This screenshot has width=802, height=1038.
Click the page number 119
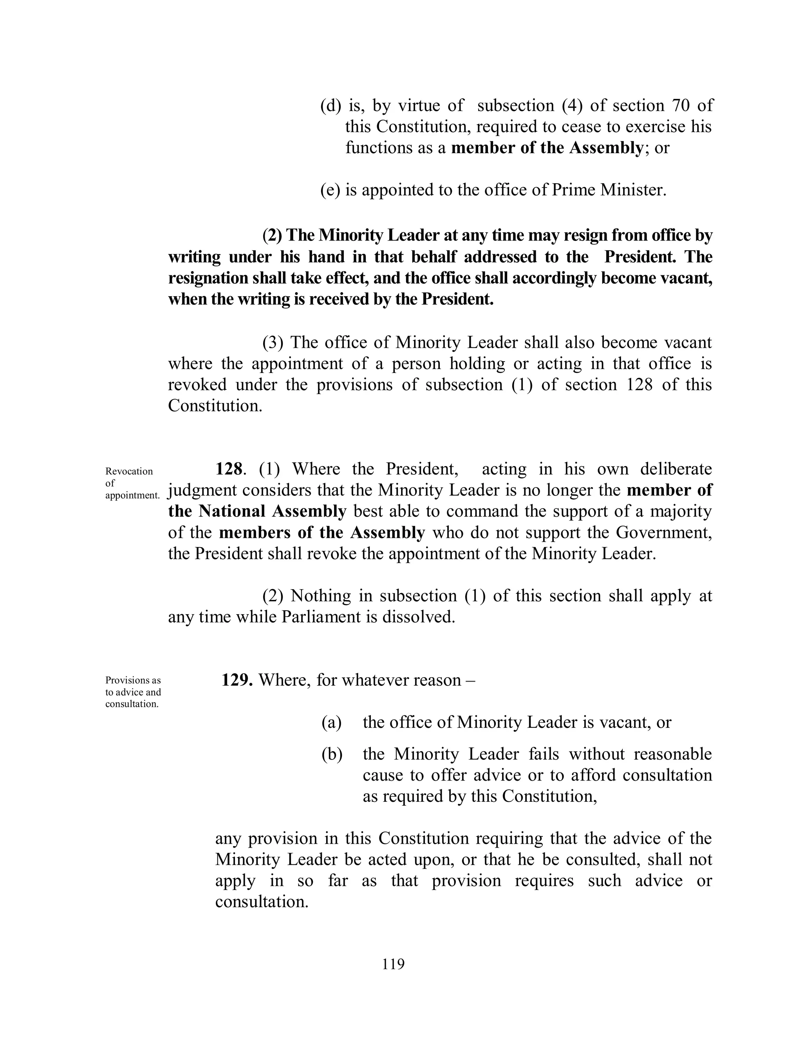[393, 964]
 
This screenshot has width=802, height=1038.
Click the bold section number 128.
[229, 469]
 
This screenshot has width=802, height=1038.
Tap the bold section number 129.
[236, 680]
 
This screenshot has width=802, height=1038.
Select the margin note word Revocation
[129, 472]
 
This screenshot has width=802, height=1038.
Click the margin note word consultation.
[132, 704]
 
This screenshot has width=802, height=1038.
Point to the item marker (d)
[331, 105]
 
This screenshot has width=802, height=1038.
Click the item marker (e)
[330, 190]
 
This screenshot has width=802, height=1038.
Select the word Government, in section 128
[664, 532]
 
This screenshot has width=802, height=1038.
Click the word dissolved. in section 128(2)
[419, 617]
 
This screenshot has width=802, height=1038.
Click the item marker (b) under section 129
[332, 754]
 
